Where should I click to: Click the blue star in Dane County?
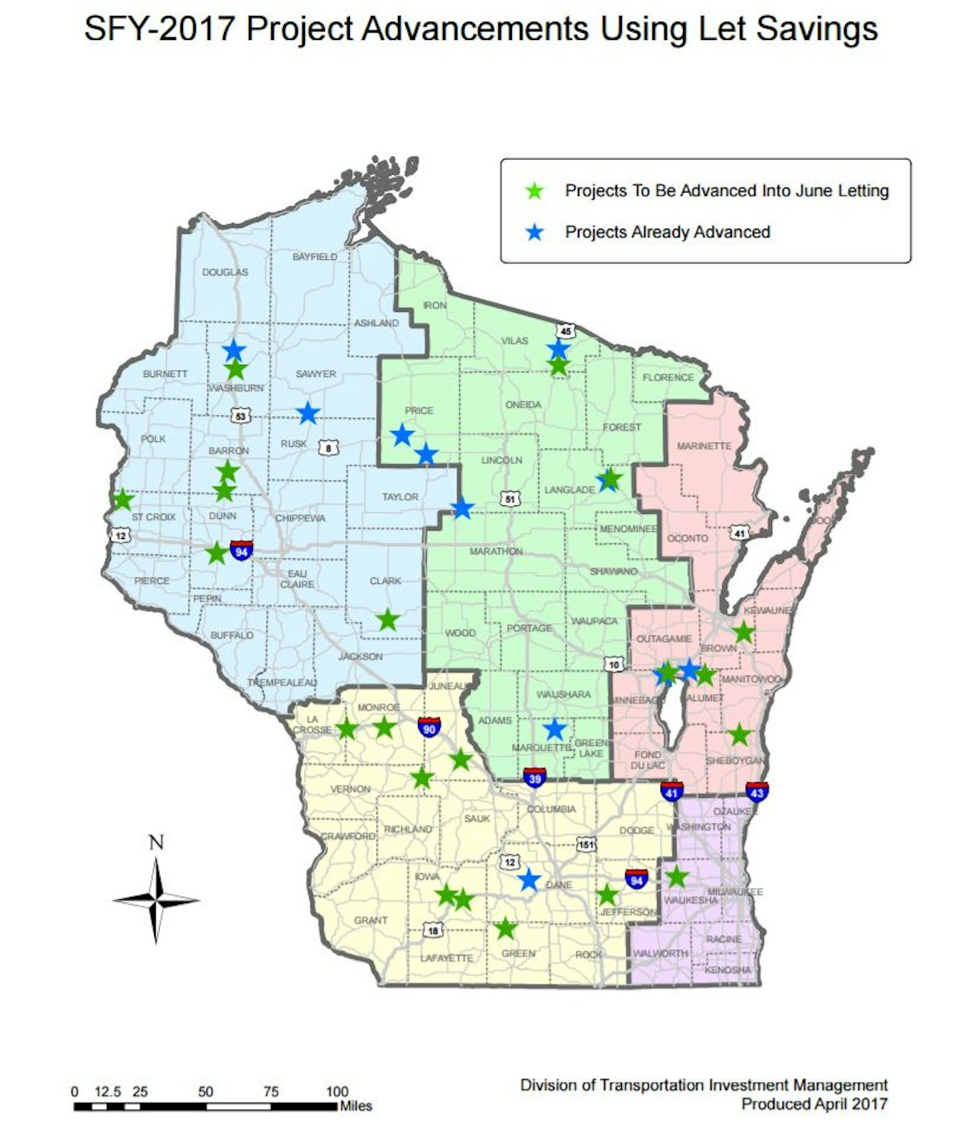coord(529,879)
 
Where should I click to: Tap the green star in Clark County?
coord(388,619)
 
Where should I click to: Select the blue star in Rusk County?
coord(308,413)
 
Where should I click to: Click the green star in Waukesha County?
coord(677,877)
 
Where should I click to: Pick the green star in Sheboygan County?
coord(739,734)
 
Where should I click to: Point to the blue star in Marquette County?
coord(555,729)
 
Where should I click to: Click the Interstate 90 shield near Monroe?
coord(429,728)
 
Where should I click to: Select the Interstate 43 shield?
coord(757,791)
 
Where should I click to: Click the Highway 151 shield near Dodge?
coord(587,844)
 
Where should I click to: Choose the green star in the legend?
coord(534,191)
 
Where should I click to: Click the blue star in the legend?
coord(534,233)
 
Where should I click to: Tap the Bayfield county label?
coord(315,257)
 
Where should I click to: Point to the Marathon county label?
coord(496,551)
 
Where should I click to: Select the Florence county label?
coord(668,377)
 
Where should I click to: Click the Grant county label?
coord(371,920)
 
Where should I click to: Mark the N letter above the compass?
coord(156,842)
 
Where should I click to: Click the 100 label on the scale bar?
coord(337,1091)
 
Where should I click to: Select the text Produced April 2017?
coord(814,1104)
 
